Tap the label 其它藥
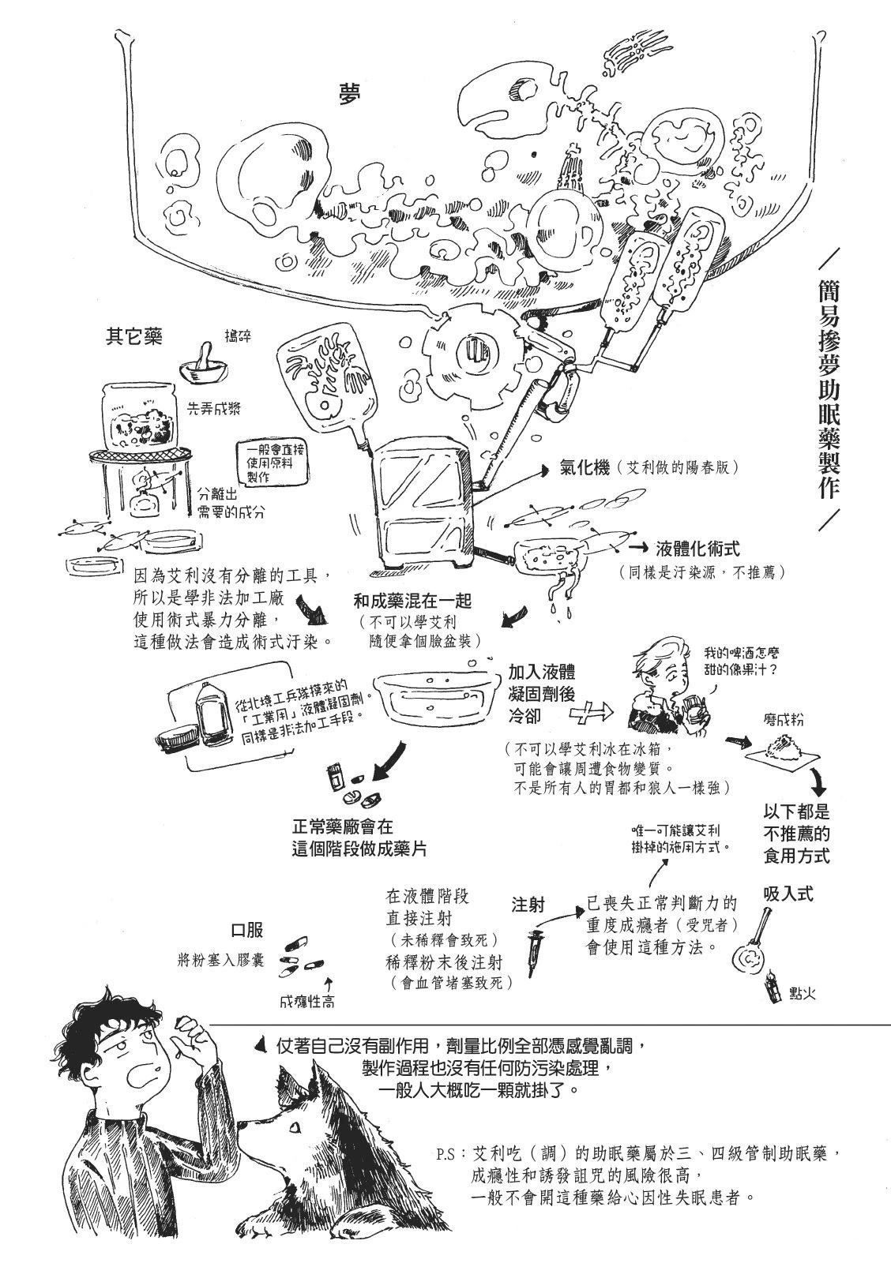tap(134, 336)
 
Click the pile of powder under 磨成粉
tap(780, 748)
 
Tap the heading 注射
tap(528, 905)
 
